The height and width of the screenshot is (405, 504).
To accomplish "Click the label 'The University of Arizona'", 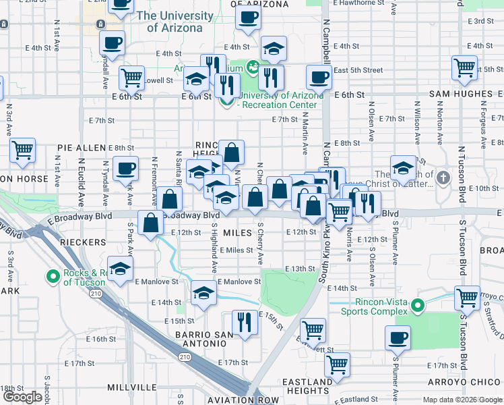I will click(x=175, y=22).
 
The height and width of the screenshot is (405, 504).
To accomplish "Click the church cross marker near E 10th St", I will click(x=443, y=178).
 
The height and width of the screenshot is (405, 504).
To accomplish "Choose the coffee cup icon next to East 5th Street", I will click(x=319, y=77).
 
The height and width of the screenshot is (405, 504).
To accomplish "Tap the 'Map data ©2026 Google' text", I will click(x=461, y=400).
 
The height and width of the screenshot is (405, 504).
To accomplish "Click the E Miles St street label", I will click(x=234, y=250).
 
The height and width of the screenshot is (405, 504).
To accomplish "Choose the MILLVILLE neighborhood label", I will click(x=132, y=387).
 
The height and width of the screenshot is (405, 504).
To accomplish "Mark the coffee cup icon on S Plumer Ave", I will click(x=398, y=337).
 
